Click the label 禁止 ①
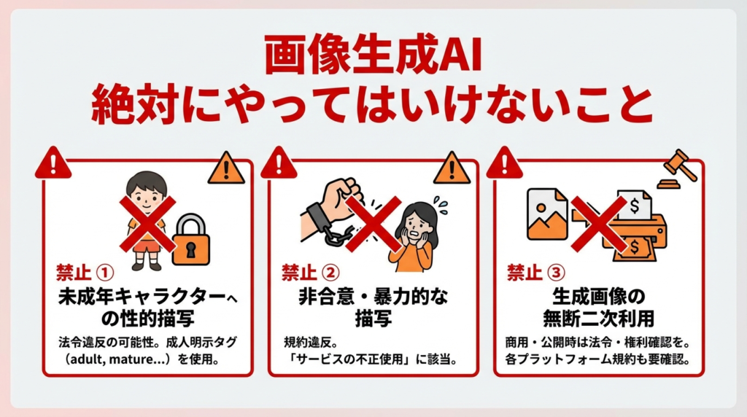pos(85,272)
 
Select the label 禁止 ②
pos(311,272)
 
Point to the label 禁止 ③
pos(536,272)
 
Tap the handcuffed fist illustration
pos(330,210)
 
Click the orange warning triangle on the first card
pos(226,168)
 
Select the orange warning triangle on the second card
pos(452,168)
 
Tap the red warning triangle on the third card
pos(505,163)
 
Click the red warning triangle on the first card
pos(53,163)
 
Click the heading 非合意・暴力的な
pos(373,297)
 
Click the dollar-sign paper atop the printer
pos(634,205)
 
